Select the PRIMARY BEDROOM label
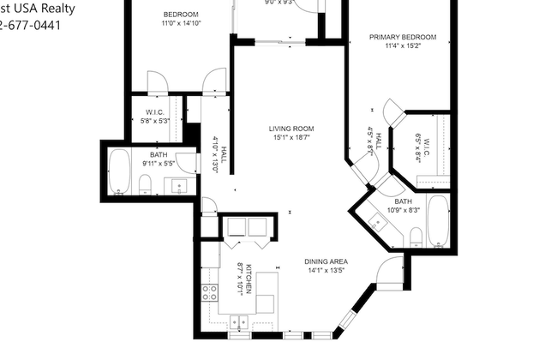coord(403,37)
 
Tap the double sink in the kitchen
coord(239,322)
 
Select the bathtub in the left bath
coord(119,172)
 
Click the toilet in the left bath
coord(145,183)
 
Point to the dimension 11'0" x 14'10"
coord(181,24)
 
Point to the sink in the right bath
coord(377,222)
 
